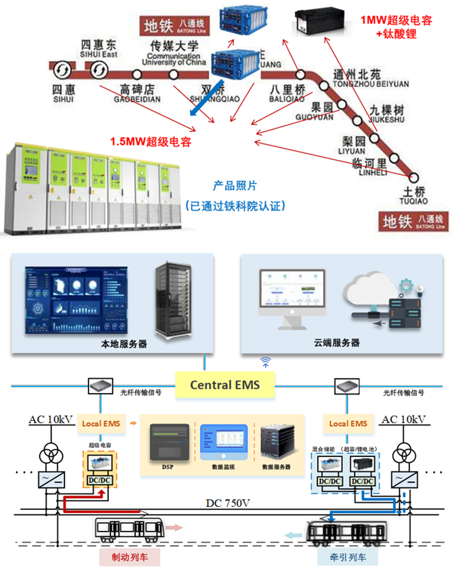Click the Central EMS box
pos(224,385)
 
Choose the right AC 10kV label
pos(402,419)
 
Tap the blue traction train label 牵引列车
pos(335,558)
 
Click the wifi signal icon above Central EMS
pos(265,362)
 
